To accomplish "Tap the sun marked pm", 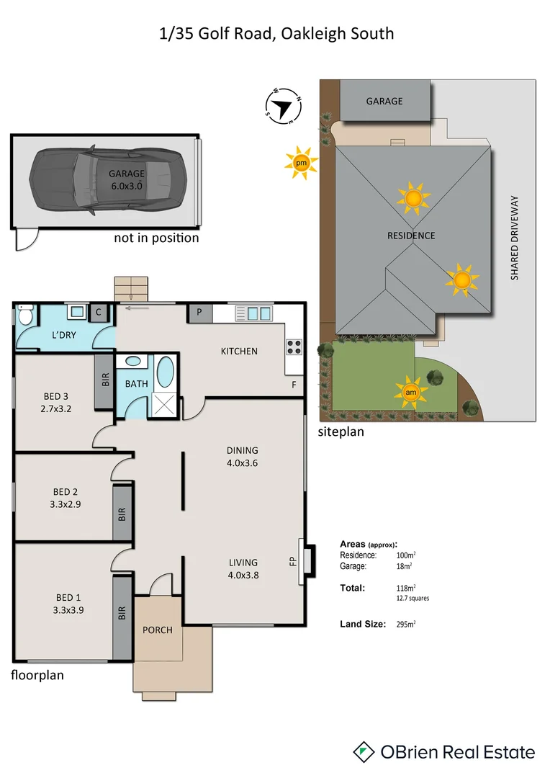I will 301,164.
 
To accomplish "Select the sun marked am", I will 410,392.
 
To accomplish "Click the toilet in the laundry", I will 25,316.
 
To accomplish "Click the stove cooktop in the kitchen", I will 294,346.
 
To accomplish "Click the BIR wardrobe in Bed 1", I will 122,613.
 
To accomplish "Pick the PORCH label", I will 157,630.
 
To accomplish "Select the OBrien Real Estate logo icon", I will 364,752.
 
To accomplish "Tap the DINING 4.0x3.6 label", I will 242,457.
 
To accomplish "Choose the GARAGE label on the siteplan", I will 384,102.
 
